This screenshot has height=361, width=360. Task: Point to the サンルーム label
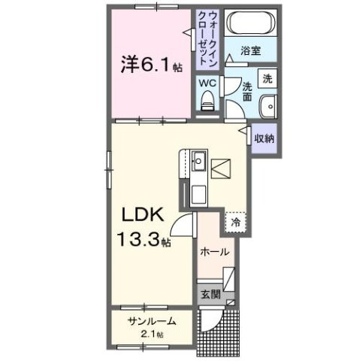[152, 320]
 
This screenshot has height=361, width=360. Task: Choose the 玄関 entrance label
[210, 294]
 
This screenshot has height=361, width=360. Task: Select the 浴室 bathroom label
[250, 51]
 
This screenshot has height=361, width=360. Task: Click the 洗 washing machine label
[268, 77]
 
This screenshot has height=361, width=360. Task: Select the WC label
[206, 83]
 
